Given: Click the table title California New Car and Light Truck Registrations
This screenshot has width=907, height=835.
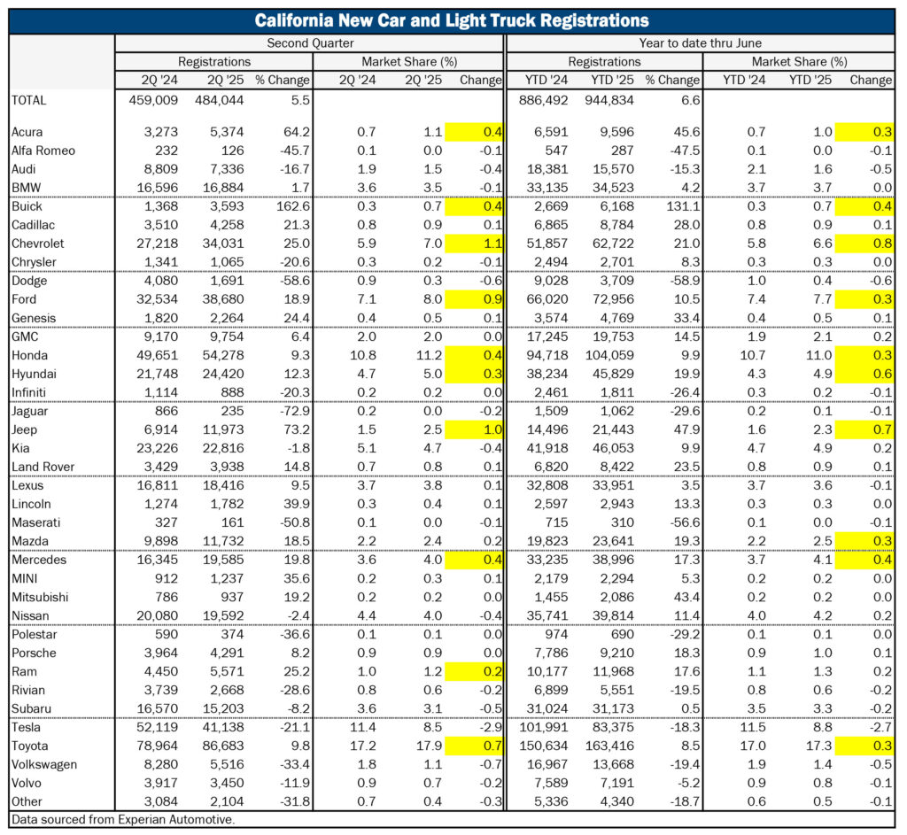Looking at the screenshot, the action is coord(452,21).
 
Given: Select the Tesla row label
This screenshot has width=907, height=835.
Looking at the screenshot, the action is coord(26,728).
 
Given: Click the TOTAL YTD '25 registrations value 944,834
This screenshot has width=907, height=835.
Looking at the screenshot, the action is coord(609,100).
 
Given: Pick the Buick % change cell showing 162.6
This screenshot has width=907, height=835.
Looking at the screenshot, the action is coord(294,206).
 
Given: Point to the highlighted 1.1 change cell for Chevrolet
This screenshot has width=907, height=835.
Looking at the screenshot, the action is coord(475,244).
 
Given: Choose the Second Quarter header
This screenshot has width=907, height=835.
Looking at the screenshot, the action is coord(310,43).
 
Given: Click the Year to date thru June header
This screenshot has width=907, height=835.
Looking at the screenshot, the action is coord(700,43).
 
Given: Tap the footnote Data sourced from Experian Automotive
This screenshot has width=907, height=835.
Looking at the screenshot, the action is coord(123,819).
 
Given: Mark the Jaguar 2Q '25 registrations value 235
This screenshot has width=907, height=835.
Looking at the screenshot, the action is coord(233,411).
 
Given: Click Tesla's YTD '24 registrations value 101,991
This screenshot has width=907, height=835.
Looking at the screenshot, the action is coord(544,728).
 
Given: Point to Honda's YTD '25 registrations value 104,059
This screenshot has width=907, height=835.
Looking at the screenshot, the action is coord(609,355).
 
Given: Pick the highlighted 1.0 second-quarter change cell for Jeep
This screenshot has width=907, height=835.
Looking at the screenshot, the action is coord(475,429).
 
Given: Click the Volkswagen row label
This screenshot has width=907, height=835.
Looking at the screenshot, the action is coord(44,764).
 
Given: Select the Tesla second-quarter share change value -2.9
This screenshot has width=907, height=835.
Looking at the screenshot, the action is coord(491,728).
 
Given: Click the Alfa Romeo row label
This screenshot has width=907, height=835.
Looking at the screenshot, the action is coord(43,151).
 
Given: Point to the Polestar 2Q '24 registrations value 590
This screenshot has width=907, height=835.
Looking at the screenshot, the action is coord(167,634).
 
